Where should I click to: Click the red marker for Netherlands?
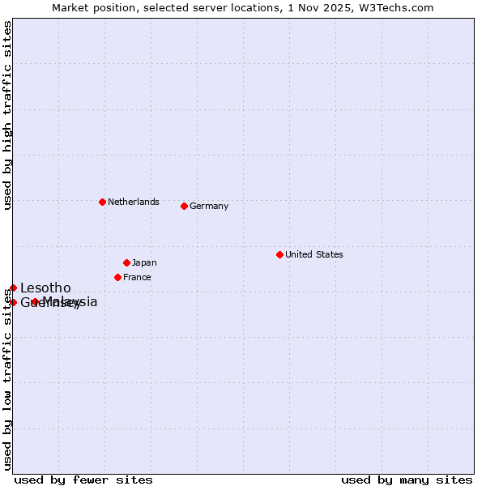(102, 202)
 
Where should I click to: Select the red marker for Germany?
(184, 206)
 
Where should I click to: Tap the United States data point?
(279, 254)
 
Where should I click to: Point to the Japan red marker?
(126, 262)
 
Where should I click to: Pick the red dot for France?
(117, 277)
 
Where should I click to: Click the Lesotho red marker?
(13, 288)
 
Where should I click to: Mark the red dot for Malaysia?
(35, 302)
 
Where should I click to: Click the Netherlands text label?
(134, 202)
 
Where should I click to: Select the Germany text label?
(209, 206)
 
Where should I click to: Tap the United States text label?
(314, 254)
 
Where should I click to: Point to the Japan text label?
(144, 262)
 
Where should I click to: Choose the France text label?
(137, 277)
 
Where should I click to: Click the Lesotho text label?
(45, 288)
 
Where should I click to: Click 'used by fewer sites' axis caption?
(83, 480)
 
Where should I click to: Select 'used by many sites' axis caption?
(407, 480)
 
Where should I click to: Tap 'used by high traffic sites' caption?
(7, 115)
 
